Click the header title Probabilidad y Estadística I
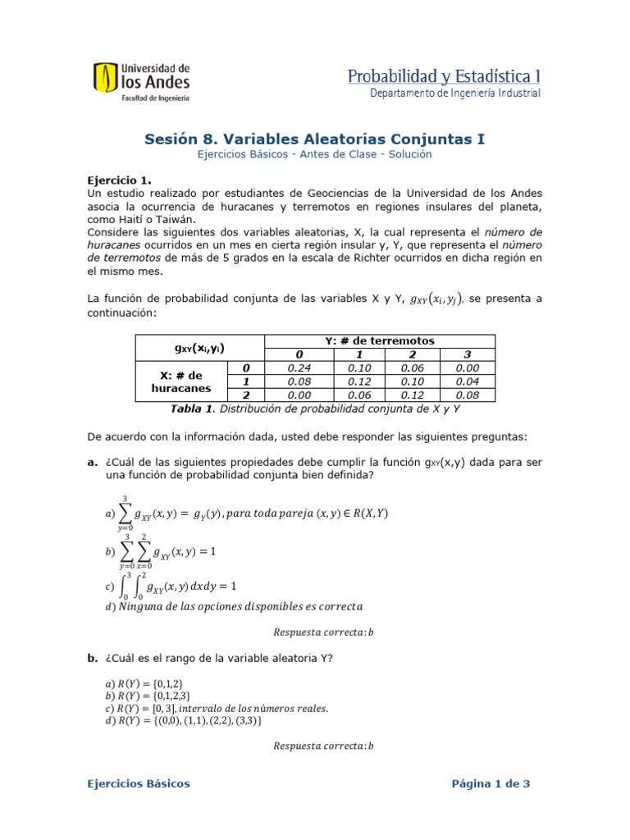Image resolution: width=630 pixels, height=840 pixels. [x=444, y=76]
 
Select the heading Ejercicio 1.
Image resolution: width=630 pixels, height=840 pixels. [x=119, y=180]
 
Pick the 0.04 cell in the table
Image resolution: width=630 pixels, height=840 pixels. [x=468, y=381]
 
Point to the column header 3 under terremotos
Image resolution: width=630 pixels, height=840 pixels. [x=468, y=354]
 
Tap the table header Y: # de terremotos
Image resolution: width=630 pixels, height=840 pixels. [x=380, y=340]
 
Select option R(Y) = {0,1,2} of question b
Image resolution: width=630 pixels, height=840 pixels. [x=152, y=683]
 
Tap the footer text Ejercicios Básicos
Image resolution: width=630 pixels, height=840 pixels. [x=139, y=783]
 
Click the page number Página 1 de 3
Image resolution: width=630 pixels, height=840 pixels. [x=491, y=783]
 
